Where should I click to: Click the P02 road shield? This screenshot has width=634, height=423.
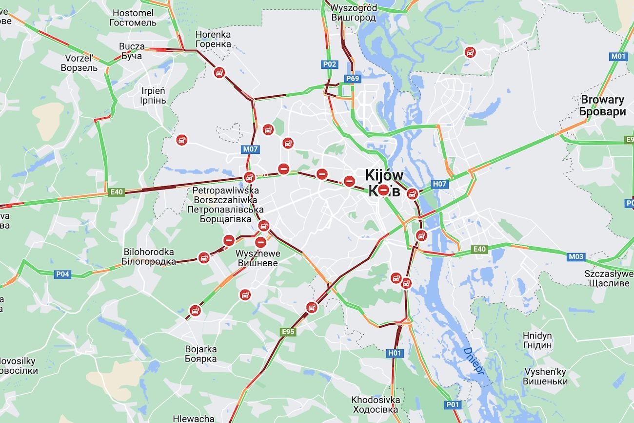tap(330, 64)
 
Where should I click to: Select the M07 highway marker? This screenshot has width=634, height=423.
tap(250, 149)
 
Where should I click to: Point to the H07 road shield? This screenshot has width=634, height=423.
tap(439, 184)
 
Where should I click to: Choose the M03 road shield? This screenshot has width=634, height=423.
tap(575, 256)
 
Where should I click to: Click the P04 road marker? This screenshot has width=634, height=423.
tap(62, 274)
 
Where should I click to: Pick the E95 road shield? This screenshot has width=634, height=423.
tap(288, 332)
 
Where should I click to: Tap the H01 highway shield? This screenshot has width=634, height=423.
tap(394, 353)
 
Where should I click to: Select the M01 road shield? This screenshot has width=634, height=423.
tap(618, 56)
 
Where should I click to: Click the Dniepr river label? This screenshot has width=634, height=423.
tap(474, 360)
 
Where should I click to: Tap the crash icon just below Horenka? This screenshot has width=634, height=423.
tap(220, 73)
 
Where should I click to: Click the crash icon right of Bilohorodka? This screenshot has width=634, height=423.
tap(204, 258)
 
